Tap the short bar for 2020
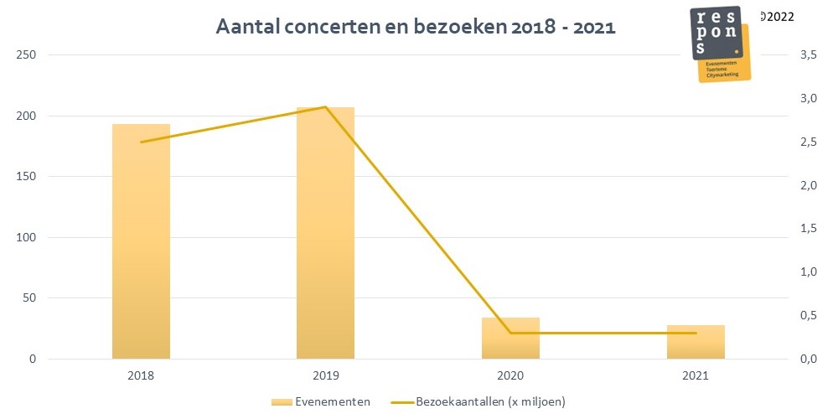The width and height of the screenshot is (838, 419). click(510, 339)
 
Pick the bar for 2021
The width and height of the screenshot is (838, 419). click(695, 342)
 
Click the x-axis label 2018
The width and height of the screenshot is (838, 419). click(141, 376)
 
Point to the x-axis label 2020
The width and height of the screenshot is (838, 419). click(510, 376)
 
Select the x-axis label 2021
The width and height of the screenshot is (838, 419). click(695, 376)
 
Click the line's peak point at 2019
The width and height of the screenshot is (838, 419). click(325, 106)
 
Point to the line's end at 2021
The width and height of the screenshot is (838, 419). click(695, 333)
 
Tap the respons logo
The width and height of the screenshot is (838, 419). click(720, 44)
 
